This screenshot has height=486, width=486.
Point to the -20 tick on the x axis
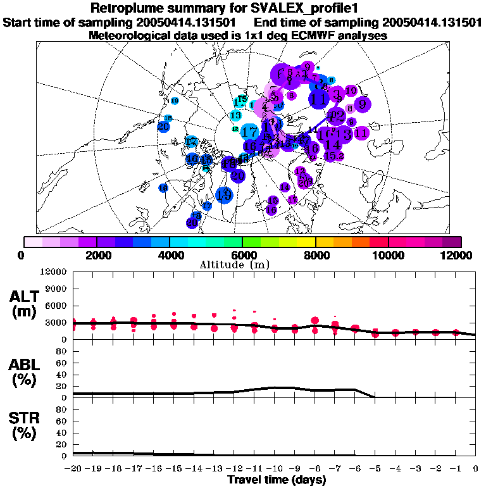pyautogui.click(x=73, y=468)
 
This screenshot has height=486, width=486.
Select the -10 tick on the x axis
pyautogui.click(x=274, y=468)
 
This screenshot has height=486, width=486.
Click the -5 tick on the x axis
pyautogui.click(x=375, y=468)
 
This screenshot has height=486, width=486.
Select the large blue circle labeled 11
pyautogui.click(x=320, y=99)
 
